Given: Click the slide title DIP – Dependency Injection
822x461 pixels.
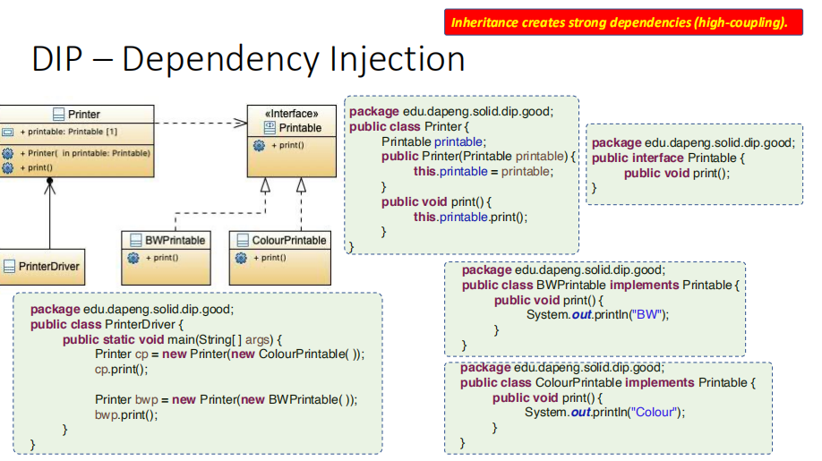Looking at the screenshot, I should point(248,59).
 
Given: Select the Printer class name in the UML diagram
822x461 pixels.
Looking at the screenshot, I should point(83,115).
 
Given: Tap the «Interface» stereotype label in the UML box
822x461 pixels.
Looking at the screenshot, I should point(291,114).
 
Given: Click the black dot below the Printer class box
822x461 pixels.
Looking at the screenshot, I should point(50,181).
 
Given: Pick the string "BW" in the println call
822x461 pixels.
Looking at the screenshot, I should point(649,314).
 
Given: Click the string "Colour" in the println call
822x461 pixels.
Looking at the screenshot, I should point(655,412).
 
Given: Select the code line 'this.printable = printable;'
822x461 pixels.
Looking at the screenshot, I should point(483,171).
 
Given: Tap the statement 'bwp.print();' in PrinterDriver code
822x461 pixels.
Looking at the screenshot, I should point(126,414).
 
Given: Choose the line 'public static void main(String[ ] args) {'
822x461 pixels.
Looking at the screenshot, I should point(172,339).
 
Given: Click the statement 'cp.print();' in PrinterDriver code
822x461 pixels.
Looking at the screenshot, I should point(122,369).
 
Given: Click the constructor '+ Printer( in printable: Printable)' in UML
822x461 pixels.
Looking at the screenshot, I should point(84,153).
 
